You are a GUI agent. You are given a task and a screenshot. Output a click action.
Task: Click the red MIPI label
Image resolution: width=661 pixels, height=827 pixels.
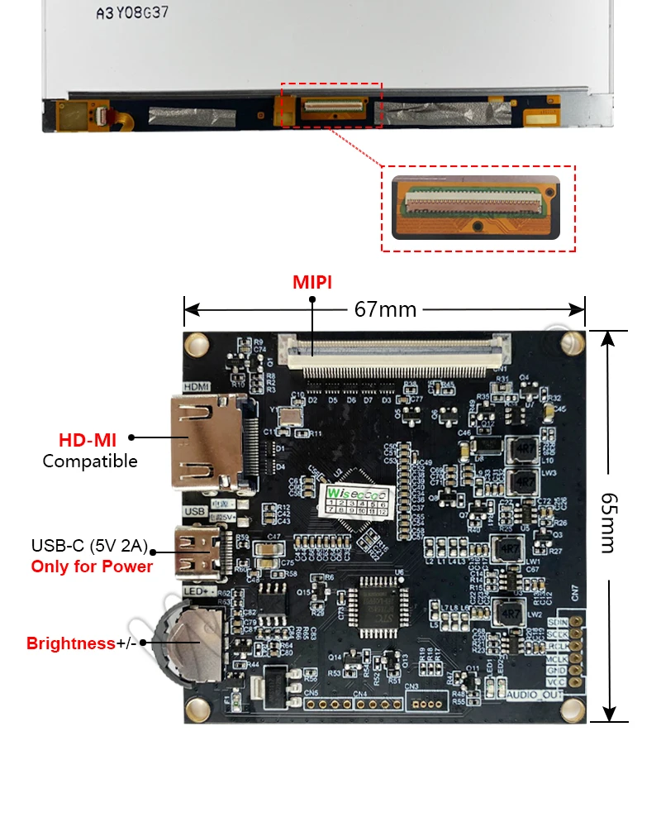tap(312, 282)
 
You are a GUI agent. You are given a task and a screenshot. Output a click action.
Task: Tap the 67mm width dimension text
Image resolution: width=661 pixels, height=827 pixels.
tap(385, 309)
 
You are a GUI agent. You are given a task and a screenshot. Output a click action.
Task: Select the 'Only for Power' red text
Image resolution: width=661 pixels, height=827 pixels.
tap(92, 566)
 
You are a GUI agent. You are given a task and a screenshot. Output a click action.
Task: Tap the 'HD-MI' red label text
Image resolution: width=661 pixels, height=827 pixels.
tap(93, 438)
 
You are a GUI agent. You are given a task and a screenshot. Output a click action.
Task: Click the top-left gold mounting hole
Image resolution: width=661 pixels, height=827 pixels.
tap(197, 343)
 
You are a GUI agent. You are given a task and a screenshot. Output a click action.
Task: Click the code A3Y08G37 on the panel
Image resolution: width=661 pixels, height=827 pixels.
tap(134, 13)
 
